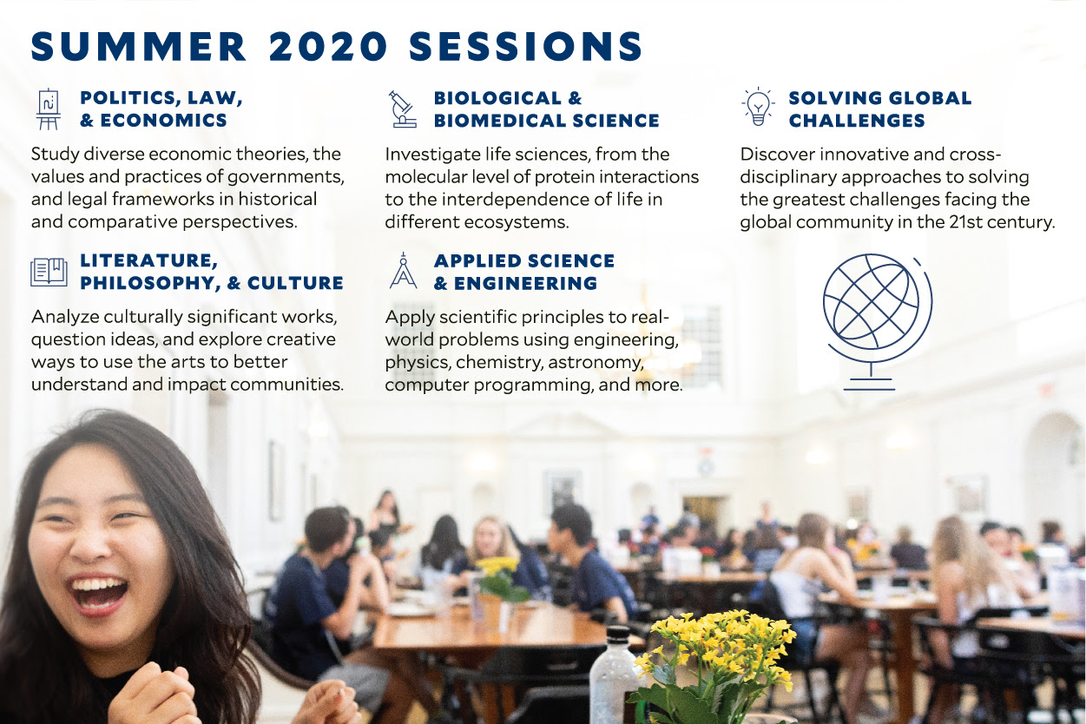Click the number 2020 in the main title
point(328,47)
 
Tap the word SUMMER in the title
point(139,47)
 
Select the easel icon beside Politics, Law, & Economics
point(49,109)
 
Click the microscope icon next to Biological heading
point(403,109)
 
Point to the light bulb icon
point(758,107)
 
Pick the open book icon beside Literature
point(49,272)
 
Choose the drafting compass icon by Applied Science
point(403,271)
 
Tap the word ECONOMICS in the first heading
point(163,121)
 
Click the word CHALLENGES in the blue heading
point(857,121)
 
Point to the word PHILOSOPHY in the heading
point(148,283)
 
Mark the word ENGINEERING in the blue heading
point(525,283)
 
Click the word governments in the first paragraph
point(286,177)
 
